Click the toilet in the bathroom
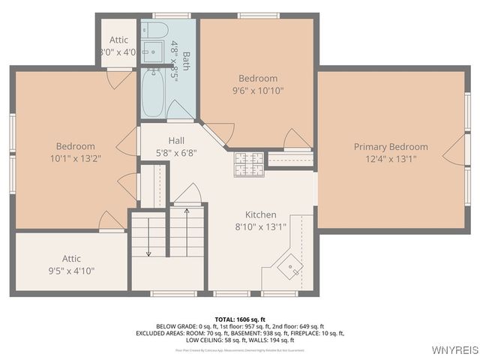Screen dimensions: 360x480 pos(154,30)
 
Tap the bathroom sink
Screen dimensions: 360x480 pos(153,52)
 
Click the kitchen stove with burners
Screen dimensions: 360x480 pos(249,163)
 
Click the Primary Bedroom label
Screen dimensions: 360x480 pos(391,147)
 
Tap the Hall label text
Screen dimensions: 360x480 pos(176,140)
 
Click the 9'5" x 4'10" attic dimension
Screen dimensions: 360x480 pos(72,271)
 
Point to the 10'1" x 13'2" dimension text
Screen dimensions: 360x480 pos(75,158)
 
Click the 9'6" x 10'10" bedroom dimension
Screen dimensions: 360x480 pos(258,91)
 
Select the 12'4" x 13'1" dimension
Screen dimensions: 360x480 pos(391,159)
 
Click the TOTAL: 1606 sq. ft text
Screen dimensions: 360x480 pos(240,319)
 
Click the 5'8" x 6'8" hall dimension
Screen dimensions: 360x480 pos(176,152)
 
